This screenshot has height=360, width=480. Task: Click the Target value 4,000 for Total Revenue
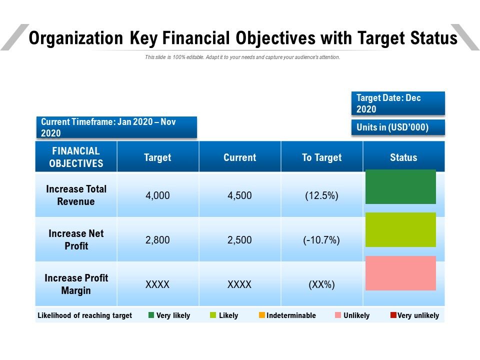pos(157,195)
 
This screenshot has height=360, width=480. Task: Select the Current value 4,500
pos(239,195)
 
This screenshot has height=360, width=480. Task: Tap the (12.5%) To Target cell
pos(321,195)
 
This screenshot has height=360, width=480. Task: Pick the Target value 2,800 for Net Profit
pos(157,240)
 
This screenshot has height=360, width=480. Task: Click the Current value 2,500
pos(239,240)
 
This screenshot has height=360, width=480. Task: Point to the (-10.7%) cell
pos(321,240)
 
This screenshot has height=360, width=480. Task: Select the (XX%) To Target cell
pos(321,285)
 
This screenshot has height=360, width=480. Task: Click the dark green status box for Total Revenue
pos(400,186)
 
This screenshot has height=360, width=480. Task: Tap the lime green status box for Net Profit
pos(400,229)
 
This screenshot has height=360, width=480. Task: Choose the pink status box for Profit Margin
pos(400,273)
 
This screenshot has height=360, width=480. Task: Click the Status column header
pos(403,157)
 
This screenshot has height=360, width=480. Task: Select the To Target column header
pos(321,157)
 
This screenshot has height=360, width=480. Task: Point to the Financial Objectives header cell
pos(76,157)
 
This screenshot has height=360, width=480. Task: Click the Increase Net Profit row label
pos(76,239)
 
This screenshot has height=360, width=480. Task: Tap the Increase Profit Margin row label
pos(76,284)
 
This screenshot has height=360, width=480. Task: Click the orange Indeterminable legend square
pos(262,315)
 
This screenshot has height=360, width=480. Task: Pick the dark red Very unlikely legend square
pos(393,315)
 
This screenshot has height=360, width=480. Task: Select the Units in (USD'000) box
pos(398,127)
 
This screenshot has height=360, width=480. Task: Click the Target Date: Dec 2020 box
pos(398,103)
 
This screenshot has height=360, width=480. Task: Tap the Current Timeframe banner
pos(116,127)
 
